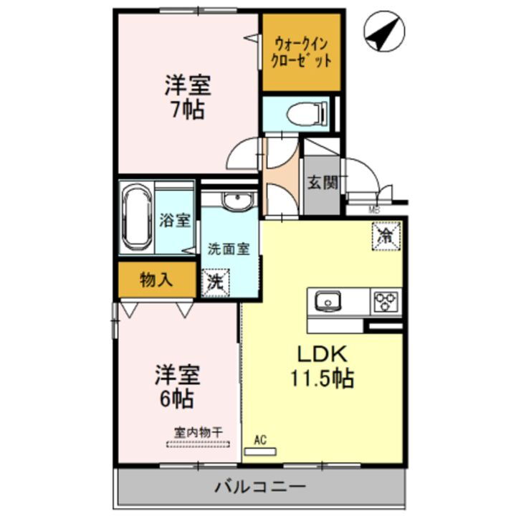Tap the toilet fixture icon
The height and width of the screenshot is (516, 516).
pyautogui.click(x=306, y=113)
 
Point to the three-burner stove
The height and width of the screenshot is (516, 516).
pyautogui.click(x=387, y=302)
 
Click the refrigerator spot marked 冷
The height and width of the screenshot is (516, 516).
pyautogui.click(x=386, y=235)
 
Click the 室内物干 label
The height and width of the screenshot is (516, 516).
pyautogui.click(x=198, y=433)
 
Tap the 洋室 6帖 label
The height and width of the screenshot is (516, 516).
pyautogui.click(x=176, y=386)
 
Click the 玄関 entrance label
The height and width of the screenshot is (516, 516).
pyautogui.click(x=322, y=183)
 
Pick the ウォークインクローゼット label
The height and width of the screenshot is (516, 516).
pyautogui.click(x=301, y=52)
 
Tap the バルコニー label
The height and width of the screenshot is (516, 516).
pyautogui.click(x=261, y=487)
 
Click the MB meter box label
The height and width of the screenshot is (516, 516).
pyautogui.click(x=373, y=211)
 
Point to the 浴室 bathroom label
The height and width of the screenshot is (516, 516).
pyautogui.click(x=175, y=219)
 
